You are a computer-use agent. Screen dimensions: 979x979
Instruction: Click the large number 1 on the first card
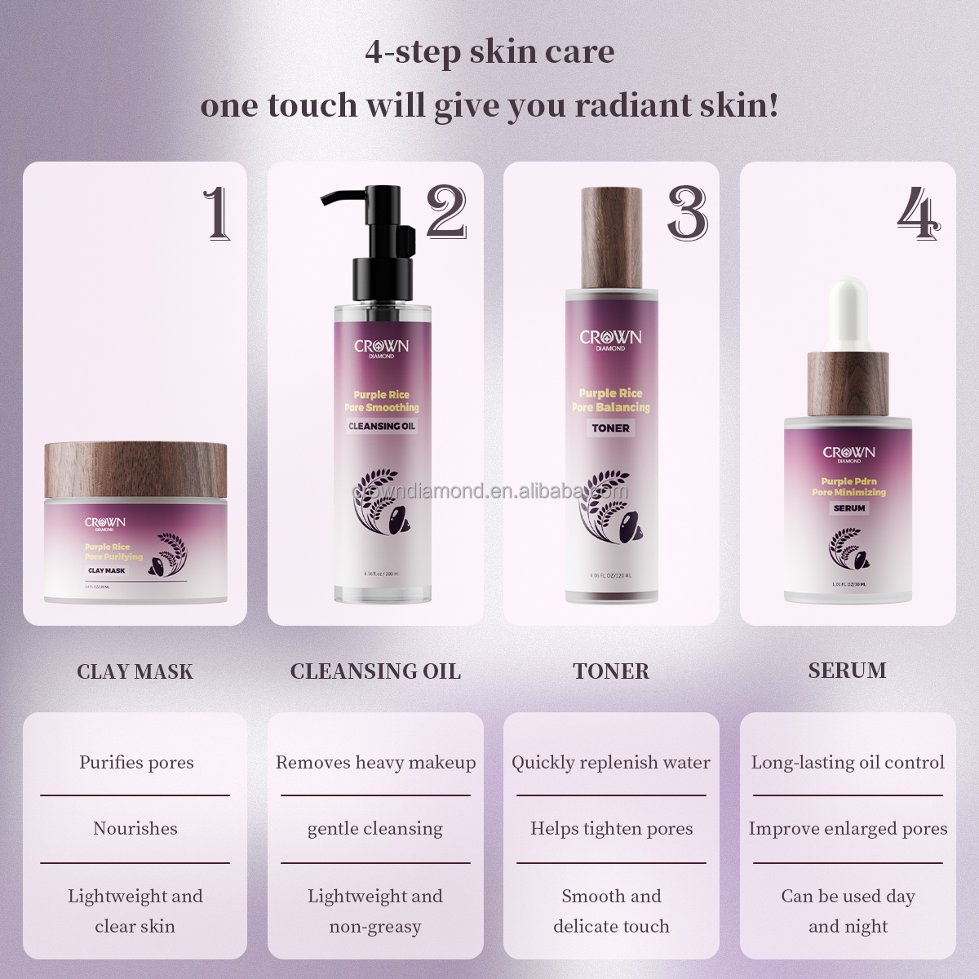217,214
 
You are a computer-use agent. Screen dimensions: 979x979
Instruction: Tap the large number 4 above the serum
919,214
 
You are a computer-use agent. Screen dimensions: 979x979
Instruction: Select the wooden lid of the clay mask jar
135,470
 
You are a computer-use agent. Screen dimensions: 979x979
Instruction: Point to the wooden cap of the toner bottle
611,238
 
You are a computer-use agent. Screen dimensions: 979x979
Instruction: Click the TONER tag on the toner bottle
610,427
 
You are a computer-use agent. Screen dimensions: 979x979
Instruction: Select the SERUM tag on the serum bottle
848,508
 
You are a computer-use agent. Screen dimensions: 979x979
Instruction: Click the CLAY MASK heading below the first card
135,671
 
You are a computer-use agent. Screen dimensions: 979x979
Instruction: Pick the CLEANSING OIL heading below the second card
375,671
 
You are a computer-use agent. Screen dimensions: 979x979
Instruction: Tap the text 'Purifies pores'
136,762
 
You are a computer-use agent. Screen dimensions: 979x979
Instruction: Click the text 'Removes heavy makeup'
375,762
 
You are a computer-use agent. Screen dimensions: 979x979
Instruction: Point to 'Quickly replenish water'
610,762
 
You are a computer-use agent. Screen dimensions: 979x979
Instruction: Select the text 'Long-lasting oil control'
848,762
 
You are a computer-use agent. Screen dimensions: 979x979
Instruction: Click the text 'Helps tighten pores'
611,828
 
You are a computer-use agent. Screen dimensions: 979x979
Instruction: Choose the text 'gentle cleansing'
375,829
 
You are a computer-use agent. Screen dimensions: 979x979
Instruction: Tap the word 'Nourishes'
135,828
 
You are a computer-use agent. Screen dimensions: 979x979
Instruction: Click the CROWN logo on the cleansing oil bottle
381,347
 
